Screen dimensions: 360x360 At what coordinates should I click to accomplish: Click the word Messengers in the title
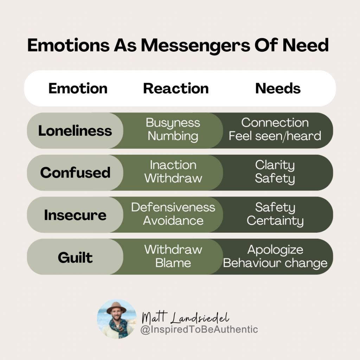[195, 46]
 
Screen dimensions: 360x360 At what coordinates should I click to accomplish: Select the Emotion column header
[78, 88]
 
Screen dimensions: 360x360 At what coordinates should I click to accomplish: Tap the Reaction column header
[176, 88]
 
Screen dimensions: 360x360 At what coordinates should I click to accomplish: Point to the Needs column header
[278, 88]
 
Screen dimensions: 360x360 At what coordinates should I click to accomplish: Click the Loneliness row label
[75, 131]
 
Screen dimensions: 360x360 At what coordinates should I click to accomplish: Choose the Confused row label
[75, 173]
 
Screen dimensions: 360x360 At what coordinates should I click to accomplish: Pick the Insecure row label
[75, 215]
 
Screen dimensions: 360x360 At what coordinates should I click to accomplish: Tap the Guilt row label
[75, 257]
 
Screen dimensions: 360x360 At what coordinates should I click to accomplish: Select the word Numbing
[173, 136]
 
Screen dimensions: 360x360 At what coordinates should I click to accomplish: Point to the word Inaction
[173, 165]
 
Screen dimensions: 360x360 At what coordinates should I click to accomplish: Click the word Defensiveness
[173, 207]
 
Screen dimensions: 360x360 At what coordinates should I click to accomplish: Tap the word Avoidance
[173, 221]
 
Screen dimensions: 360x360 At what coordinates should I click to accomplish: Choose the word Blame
[173, 263]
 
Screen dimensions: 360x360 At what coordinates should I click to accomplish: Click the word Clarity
[275, 166]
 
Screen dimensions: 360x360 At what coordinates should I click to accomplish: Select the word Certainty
[275, 221]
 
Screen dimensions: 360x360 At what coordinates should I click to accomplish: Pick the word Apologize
[275, 250]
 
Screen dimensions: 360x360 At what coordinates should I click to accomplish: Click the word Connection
[275, 123]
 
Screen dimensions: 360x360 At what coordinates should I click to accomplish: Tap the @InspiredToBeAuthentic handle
[199, 329]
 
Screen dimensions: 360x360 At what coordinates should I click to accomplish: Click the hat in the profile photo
[116, 308]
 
